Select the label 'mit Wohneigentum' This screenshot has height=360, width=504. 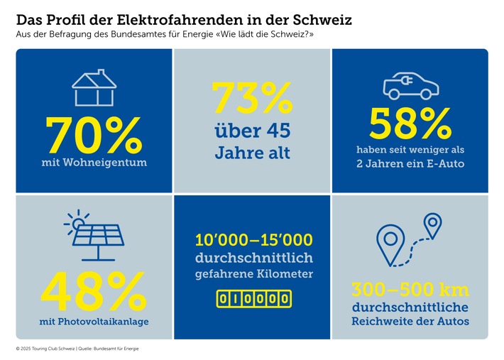tap(94, 163)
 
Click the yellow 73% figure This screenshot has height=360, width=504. tap(252, 99)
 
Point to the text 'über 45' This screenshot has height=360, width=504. tap(252, 131)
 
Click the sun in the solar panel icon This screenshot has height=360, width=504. tap(75, 223)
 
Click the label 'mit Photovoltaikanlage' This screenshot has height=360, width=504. tap(94, 322)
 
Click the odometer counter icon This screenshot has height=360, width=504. tap(253, 300)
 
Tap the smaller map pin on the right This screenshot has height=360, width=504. tap(432, 225)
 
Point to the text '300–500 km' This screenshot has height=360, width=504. tap(410, 290)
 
